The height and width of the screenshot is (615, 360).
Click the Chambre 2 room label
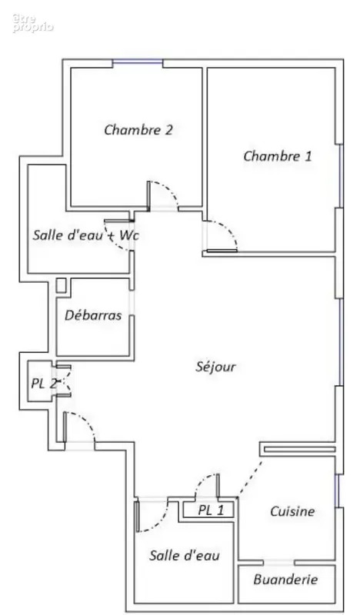point(138,129)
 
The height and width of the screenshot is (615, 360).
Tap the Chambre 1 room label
point(278,156)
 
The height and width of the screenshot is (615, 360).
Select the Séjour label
point(216,367)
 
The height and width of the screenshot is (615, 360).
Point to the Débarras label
point(93,315)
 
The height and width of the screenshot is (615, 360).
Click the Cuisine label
point(292,511)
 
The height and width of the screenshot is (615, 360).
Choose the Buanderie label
point(285,580)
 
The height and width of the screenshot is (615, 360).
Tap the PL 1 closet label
point(211,510)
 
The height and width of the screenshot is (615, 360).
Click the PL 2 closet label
point(44,383)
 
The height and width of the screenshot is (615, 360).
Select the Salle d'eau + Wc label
point(85,235)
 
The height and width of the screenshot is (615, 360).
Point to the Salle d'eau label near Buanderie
point(184,555)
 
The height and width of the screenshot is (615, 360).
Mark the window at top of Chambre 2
point(138,61)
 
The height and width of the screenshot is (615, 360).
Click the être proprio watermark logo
point(32,23)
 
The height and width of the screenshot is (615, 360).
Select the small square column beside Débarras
point(61,285)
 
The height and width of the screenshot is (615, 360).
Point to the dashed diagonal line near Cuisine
point(250,478)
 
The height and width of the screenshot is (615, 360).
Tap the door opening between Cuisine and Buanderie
point(278,563)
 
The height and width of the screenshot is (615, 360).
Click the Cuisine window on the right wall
point(336,490)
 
